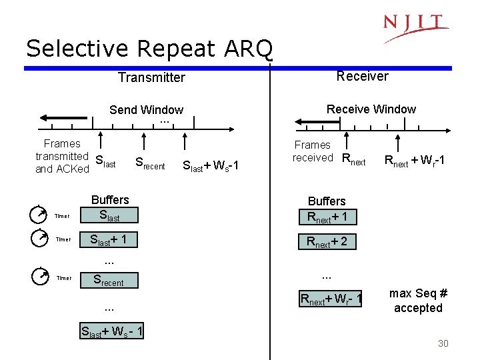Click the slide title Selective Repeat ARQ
[x=149, y=48]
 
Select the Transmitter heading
[x=151, y=77]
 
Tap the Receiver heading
[x=362, y=76]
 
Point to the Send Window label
[x=146, y=110]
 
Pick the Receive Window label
[x=371, y=109]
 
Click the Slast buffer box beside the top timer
[x=109, y=215]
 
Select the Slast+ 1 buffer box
[x=109, y=240]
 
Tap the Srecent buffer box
[x=109, y=281]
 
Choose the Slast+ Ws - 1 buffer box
[x=112, y=331]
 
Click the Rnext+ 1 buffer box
[x=327, y=217]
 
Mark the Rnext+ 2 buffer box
[x=327, y=241]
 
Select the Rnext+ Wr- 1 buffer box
[x=331, y=300]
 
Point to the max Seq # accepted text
[x=418, y=301]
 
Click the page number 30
[x=443, y=343]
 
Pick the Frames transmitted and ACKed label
[x=62, y=157]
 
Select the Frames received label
[x=312, y=151]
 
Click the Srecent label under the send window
[x=150, y=163]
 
